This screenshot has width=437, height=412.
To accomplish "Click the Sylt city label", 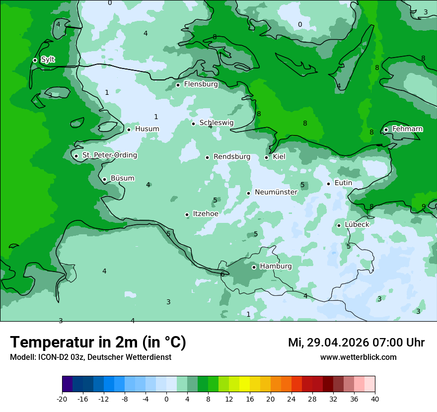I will (x=48, y=60).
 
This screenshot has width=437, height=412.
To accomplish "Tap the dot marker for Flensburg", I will (x=178, y=85).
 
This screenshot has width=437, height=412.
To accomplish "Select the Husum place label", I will (x=147, y=129).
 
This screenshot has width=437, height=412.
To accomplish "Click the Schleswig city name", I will (x=216, y=123).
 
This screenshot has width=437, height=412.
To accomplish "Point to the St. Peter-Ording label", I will (x=109, y=155).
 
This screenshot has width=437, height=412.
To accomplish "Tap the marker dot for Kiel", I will (x=267, y=157).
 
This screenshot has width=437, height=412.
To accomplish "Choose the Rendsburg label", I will (x=231, y=157).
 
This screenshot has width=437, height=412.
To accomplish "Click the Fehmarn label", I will (x=407, y=129).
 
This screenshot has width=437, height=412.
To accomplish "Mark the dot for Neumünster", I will (x=248, y=193).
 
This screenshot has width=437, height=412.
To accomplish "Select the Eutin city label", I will (x=343, y=183).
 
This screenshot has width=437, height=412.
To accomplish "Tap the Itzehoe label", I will (x=205, y=214).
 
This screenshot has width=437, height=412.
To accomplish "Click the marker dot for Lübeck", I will (x=339, y=225).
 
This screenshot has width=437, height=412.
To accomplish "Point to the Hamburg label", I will (x=276, y=267).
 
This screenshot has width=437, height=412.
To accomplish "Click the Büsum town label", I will (x=122, y=179).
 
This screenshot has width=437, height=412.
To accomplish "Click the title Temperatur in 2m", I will (x=98, y=343).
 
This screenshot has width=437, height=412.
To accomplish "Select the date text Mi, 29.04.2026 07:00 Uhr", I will (x=356, y=343).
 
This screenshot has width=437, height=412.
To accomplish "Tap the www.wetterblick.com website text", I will (x=358, y=357).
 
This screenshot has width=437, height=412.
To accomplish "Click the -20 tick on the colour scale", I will (x=62, y=399).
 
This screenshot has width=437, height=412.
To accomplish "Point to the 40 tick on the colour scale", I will (x=375, y=399).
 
